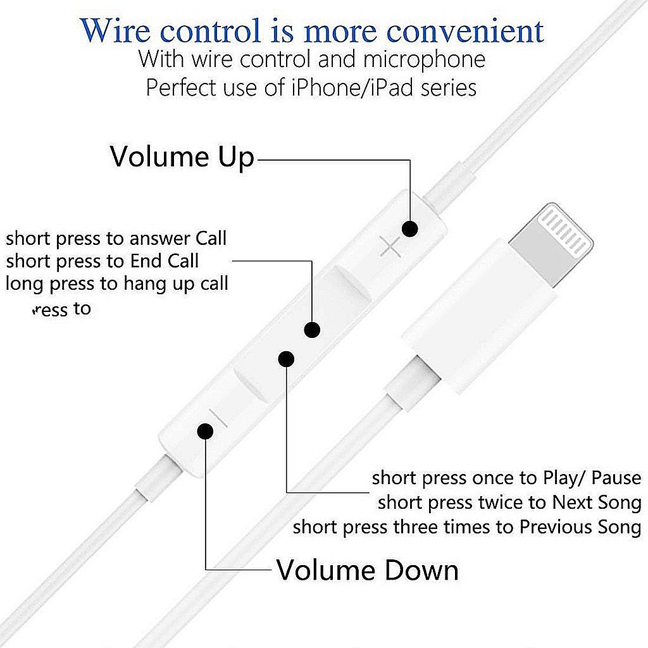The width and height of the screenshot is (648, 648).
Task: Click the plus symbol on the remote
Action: click(x=390, y=247)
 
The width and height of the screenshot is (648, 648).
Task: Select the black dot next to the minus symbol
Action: click(x=204, y=431)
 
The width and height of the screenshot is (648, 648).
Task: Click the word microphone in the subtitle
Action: click(x=424, y=59)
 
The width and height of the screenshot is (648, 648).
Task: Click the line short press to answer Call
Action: click(x=116, y=239)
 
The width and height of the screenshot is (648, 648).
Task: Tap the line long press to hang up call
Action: click(x=118, y=283)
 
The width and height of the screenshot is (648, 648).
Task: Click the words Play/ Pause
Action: click(x=592, y=478)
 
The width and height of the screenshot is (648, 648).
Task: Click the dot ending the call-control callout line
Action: click(x=312, y=330)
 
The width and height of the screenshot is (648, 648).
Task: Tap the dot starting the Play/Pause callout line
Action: click(x=286, y=359)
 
